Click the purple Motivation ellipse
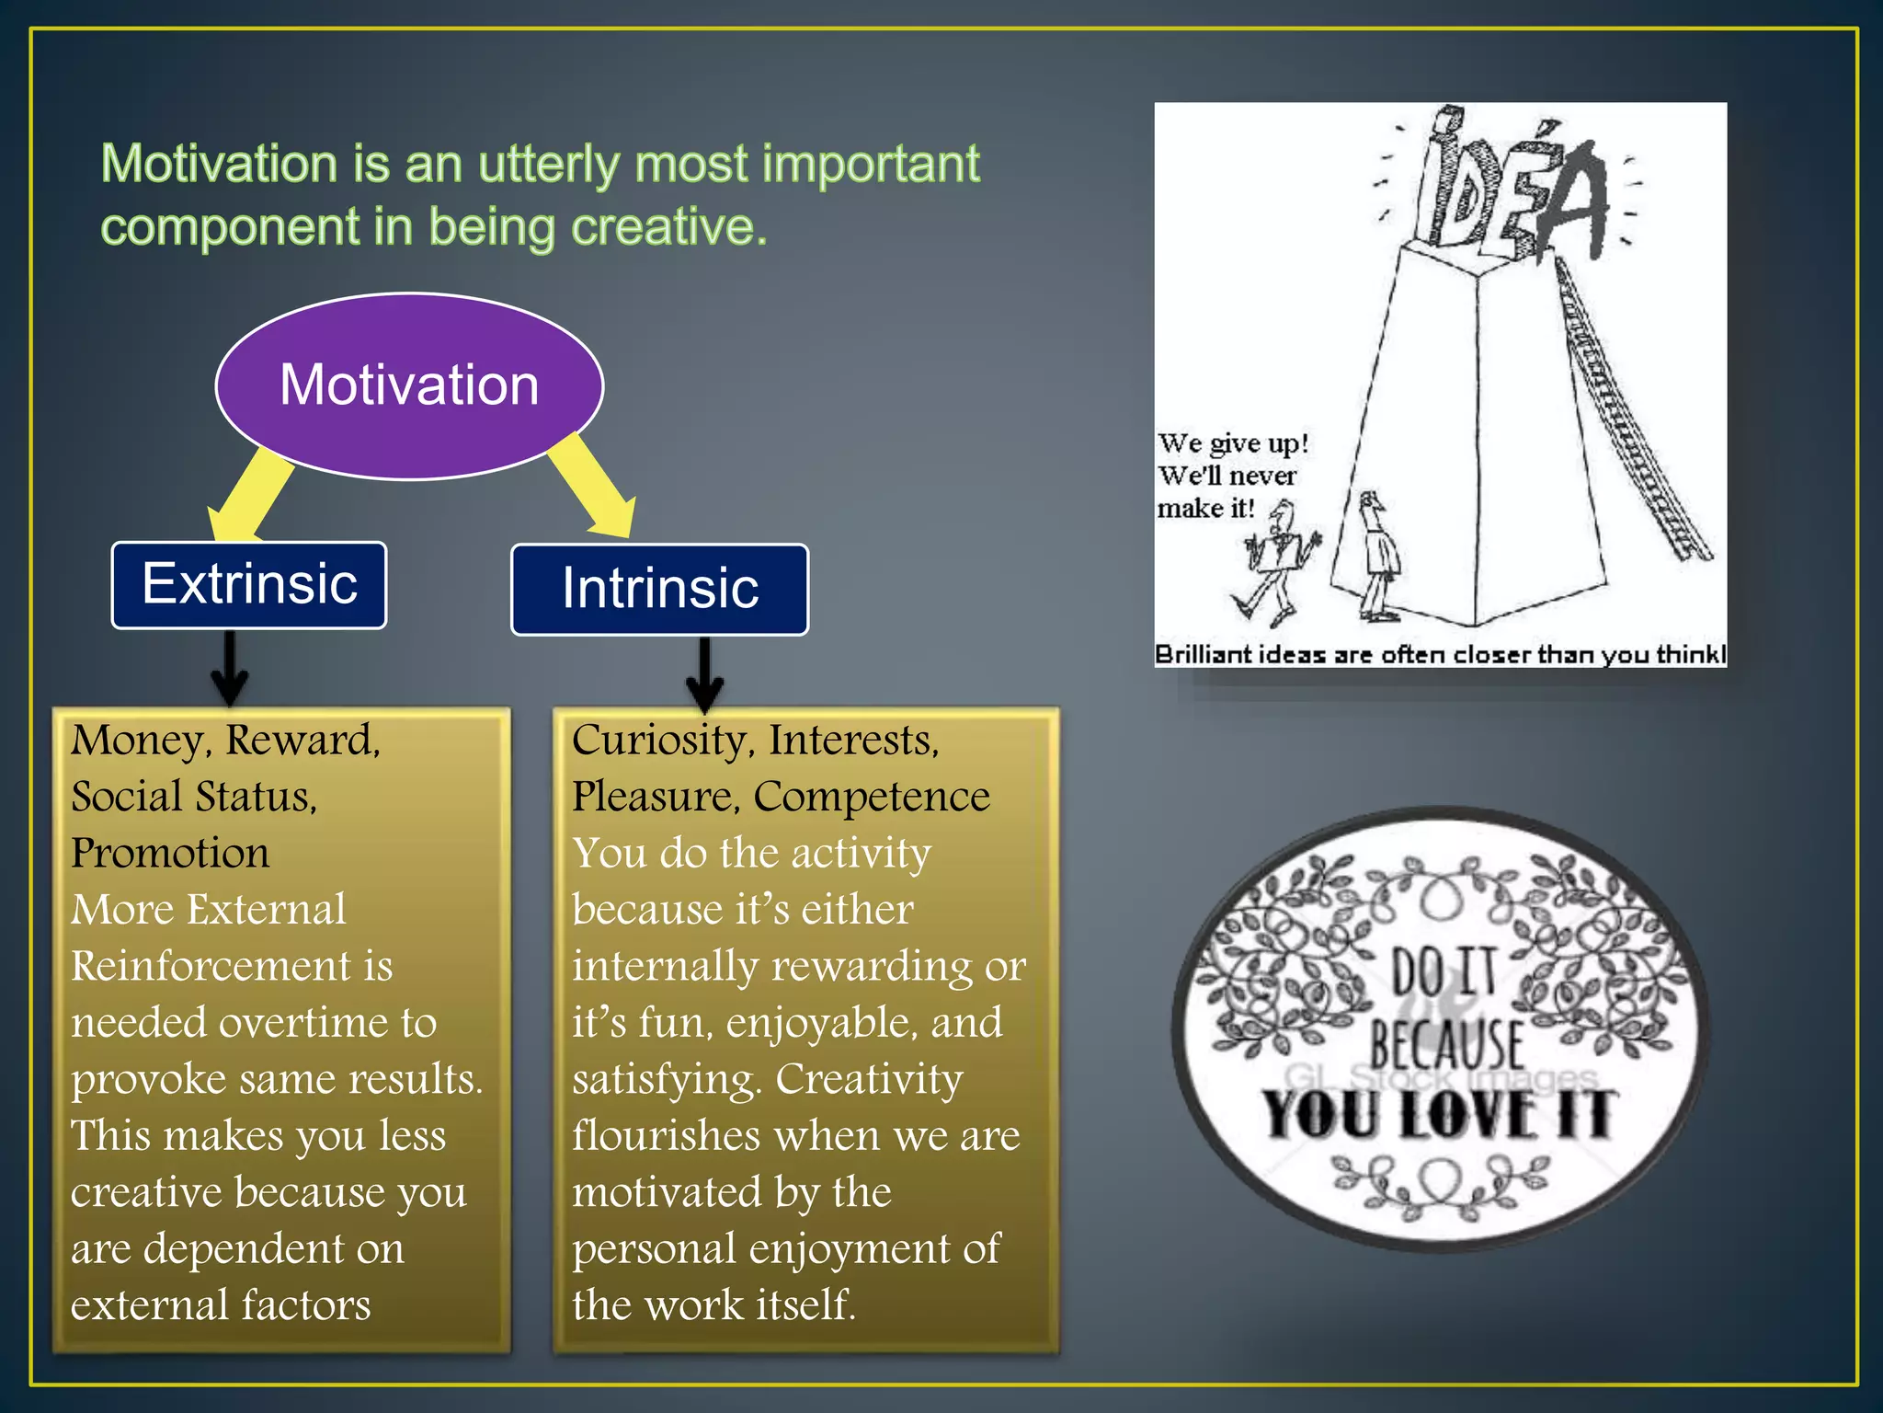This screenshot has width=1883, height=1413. [409, 385]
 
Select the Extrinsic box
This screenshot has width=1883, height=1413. [249, 585]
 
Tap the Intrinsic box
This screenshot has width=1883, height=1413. [659, 589]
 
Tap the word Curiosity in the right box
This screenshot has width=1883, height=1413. [658, 741]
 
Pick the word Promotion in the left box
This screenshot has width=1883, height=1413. [171, 853]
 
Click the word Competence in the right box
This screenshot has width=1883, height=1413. [871, 797]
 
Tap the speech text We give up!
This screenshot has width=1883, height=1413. [1232, 443]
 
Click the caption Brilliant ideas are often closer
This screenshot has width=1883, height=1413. [1440, 654]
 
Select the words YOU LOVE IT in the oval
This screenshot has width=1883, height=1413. [1440, 1115]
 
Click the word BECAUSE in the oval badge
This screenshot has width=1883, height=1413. [1446, 1043]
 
